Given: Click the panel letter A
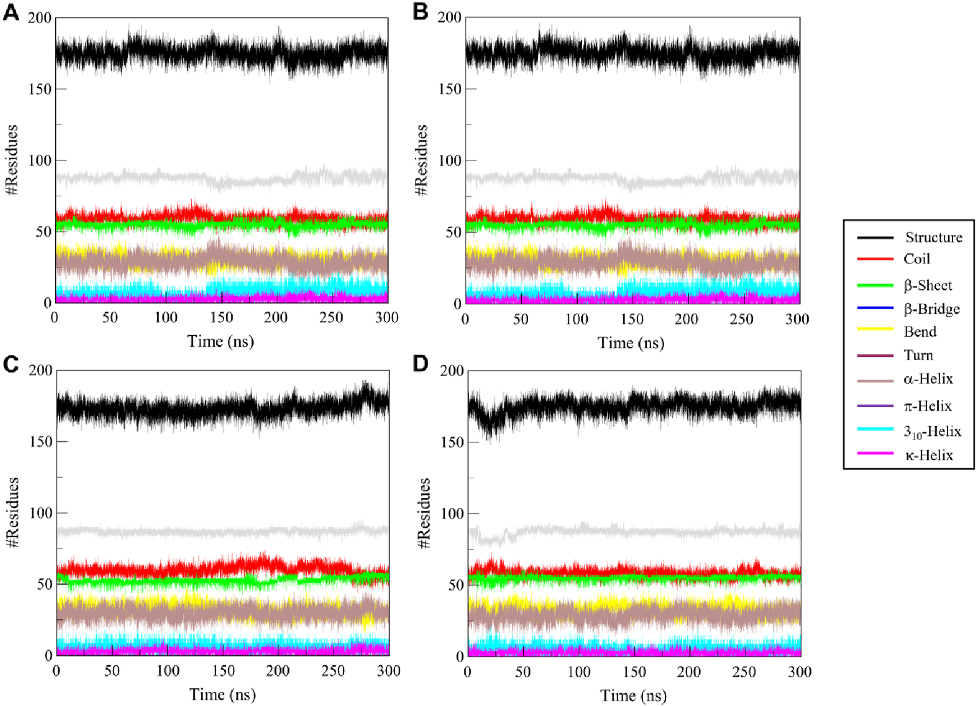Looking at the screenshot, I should tap(11, 12).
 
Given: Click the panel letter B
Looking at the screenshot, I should tap(420, 12).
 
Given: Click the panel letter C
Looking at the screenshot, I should tap(11, 364).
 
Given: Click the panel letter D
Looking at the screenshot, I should tap(420, 364).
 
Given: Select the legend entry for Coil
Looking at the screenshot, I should tap(917, 259).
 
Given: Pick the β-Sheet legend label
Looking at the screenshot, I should tap(928, 285).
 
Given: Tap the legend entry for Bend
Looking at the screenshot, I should tap(920, 332).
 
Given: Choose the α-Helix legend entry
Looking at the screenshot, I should tap(928, 379).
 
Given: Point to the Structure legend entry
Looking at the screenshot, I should tap(933, 238).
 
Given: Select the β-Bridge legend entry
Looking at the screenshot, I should tap(931, 309).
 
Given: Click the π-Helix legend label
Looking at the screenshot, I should tap(928, 406).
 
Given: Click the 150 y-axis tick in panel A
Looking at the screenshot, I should tap(40, 89).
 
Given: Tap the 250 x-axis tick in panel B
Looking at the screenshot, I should tap(741, 319).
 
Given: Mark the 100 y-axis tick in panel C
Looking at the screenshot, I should tap(40, 513).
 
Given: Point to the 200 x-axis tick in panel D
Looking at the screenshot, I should tap(688, 672).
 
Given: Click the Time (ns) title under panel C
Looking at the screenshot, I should tap(222, 695).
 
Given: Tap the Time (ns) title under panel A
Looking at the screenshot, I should tap(220, 341).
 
